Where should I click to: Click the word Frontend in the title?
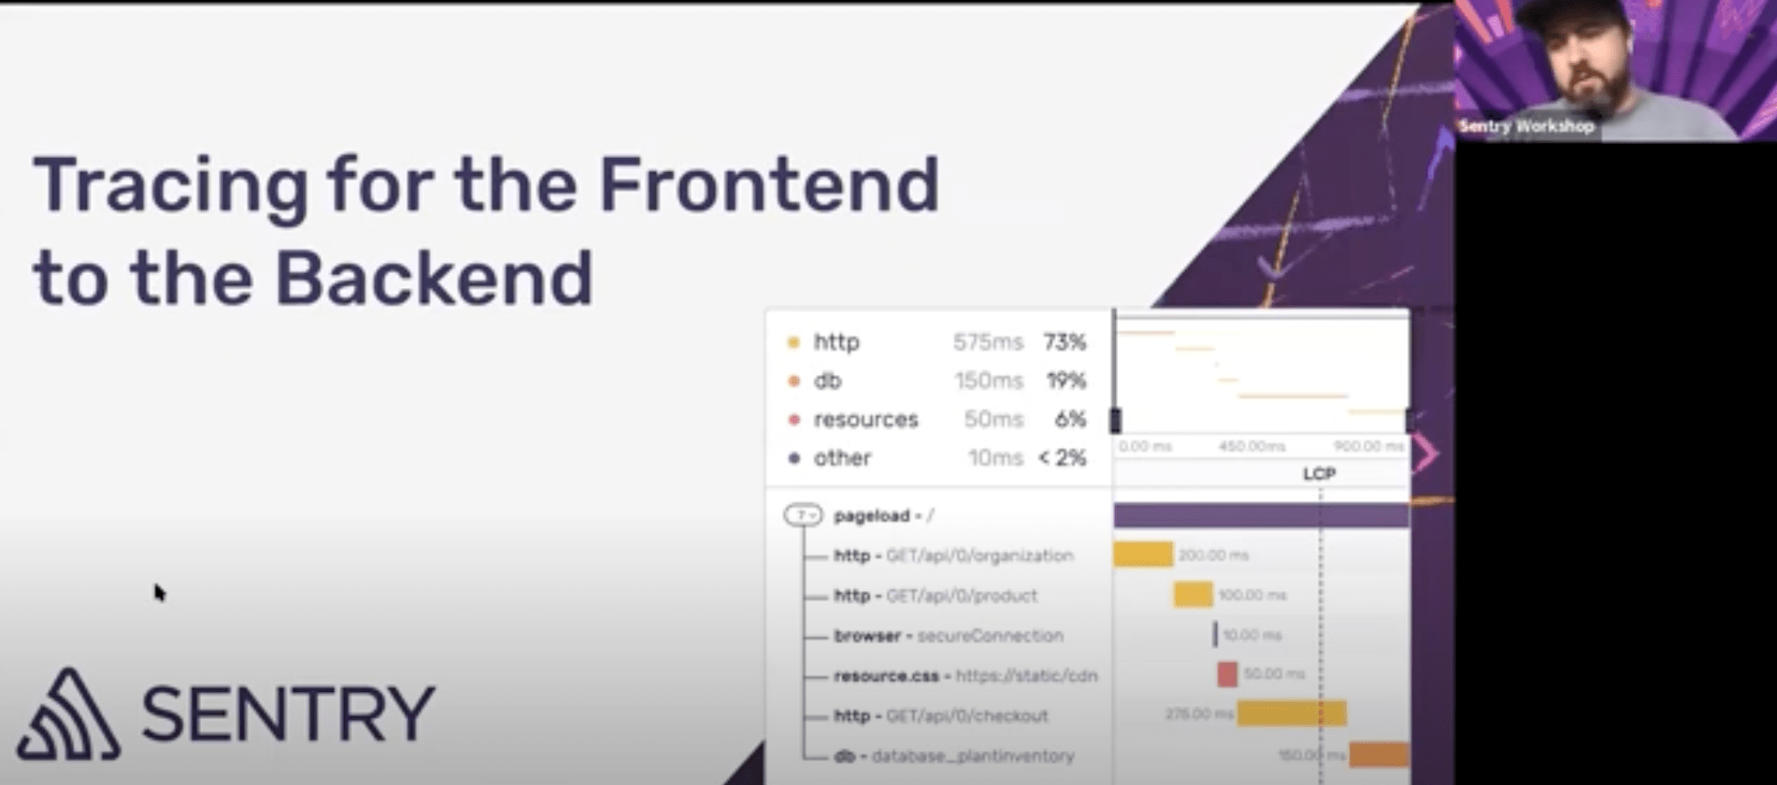coord(769,184)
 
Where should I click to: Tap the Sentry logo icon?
coord(68,715)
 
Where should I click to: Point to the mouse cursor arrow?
coord(159,593)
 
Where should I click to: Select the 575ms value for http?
coord(988,342)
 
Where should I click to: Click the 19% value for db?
coord(1066,380)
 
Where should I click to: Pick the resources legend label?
coord(866,420)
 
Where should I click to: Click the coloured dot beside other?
coord(795,458)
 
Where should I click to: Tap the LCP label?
coord(1319,474)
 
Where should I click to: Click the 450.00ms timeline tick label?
coord(1252,447)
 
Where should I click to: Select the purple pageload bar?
coord(1261,515)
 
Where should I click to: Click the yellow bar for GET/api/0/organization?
coord(1143,555)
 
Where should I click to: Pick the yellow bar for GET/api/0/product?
coord(1193,595)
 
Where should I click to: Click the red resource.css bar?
coord(1227,674)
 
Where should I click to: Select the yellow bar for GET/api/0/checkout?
coord(1291,714)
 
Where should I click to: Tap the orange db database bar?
coord(1378,754)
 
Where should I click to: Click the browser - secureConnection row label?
coord(948,636)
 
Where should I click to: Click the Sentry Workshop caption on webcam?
coord(1526,126)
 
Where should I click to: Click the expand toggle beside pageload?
coord(802,515)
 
